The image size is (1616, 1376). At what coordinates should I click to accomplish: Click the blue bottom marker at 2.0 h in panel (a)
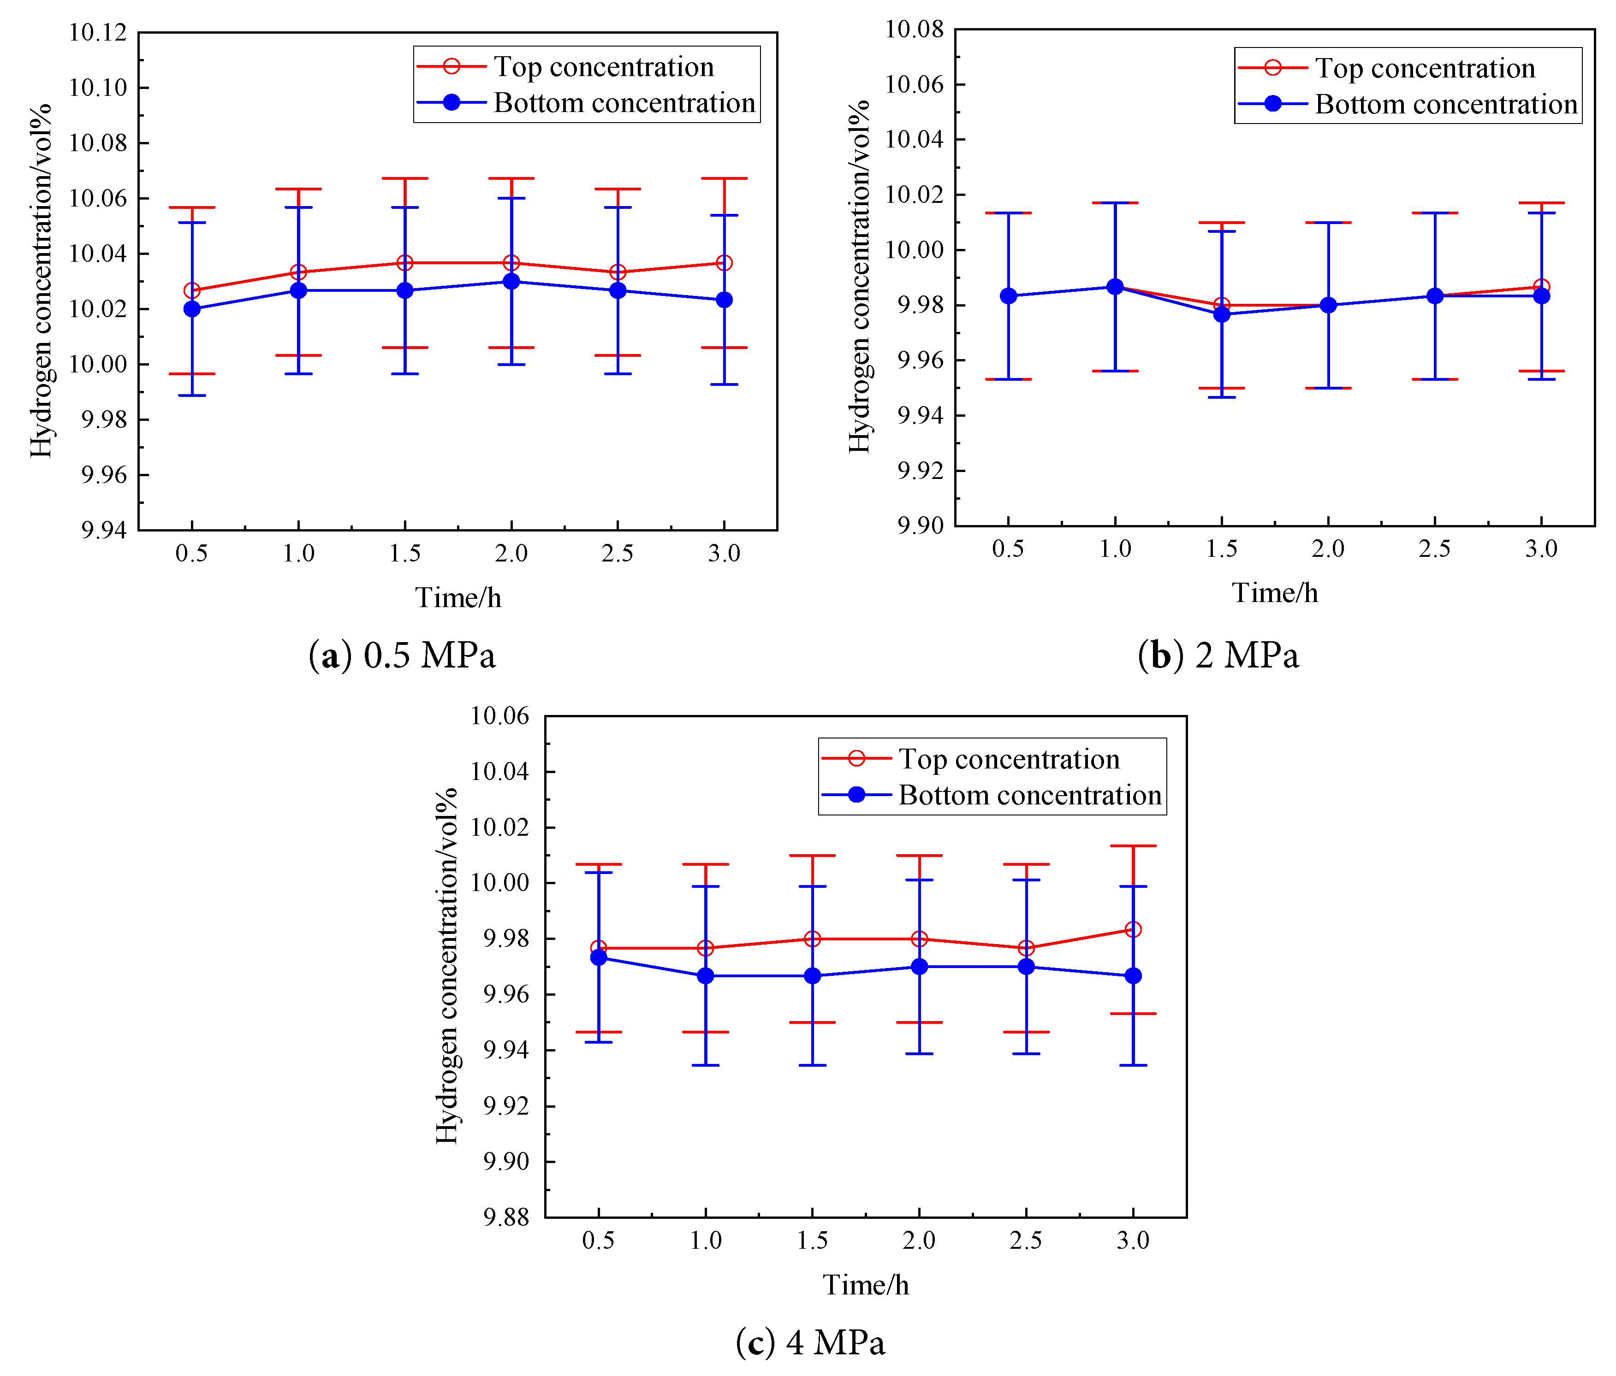[x=511, y=282]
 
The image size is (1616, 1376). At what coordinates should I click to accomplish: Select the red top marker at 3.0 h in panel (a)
[x=724, y=263]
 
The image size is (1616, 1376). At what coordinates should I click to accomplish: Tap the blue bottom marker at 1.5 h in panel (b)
[x=1221, y=314]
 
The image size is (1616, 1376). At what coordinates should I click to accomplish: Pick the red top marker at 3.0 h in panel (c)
[x=1133, y=929]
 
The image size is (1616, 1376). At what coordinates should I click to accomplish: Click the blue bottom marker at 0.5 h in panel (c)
[x=598, y=957]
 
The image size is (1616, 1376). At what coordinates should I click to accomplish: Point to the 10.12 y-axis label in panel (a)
[x=97, y=33]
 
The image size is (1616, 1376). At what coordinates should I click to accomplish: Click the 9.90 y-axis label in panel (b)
[x=921, y=526]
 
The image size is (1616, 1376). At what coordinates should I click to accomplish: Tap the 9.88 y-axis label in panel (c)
[x=505, y=1217]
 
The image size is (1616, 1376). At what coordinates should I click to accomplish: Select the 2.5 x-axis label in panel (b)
[x=1434, y=549]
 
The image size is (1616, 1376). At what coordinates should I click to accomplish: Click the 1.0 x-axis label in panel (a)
[x=298, y=554]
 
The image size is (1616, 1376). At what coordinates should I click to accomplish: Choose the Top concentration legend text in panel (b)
[x=1425, y=69]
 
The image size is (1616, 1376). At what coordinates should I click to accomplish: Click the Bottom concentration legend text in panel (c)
[x=1029, y=795]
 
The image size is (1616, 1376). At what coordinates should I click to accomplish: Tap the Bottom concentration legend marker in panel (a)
[x=452, y=102]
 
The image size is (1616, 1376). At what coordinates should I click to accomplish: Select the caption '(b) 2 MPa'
[x=1218, y=655]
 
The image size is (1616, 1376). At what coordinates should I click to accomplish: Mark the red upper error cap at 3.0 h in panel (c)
[x=1133, y=846]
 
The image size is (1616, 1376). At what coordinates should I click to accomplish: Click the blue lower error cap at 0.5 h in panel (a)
[x=192, y=395]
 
